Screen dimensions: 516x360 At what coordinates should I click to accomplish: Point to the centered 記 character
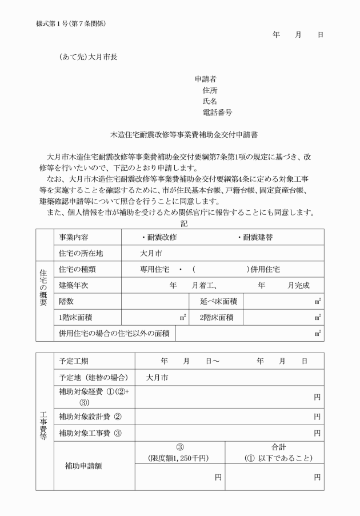click(x=183, y=223)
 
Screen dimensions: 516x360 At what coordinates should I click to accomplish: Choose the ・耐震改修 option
click(x=159, y=237)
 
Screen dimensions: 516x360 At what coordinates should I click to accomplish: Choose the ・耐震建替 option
click(x=256, y=237)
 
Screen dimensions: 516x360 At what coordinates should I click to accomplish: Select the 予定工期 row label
click(x=74, y=361)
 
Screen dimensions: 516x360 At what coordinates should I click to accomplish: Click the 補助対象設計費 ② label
click(x=90, y=417)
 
